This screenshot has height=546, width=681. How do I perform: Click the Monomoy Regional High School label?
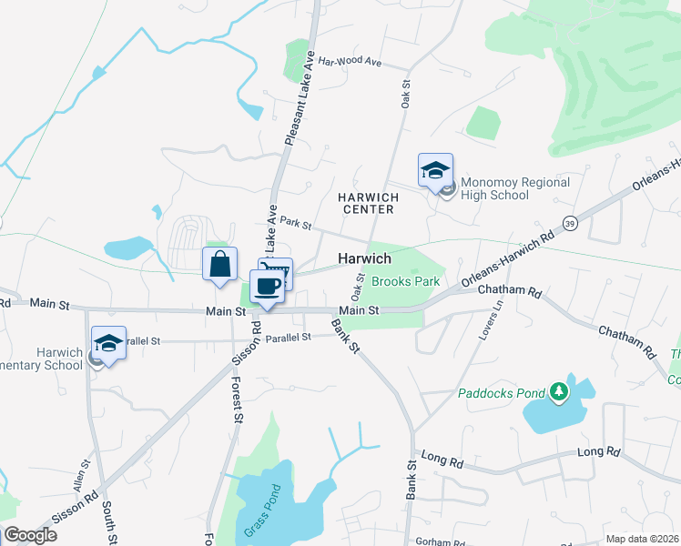(515, 188)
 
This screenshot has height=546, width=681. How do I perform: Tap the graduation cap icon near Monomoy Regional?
(435, 169)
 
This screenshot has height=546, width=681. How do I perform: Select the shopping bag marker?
(219, 265)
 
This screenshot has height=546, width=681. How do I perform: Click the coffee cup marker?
(267, 287)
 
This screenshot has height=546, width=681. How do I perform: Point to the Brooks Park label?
(405, 281)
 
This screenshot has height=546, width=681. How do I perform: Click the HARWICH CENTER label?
(365, 203)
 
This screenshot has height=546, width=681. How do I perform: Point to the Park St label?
(296, 222)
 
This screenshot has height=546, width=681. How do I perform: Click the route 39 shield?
(570, 222)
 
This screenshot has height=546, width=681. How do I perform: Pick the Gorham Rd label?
(439, 541)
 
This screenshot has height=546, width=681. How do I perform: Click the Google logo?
(30, 535)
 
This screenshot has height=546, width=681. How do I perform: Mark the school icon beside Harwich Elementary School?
(108, 345)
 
